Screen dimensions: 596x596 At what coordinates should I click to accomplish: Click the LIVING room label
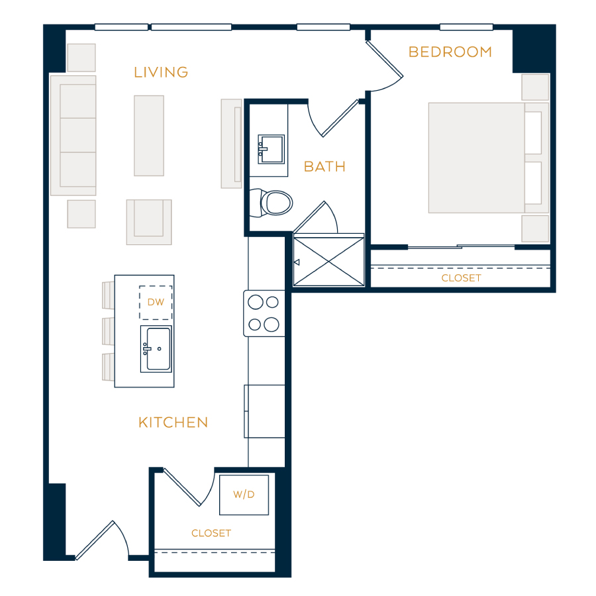tap(161, 72)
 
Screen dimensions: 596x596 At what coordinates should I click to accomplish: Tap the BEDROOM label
tap(450, 52)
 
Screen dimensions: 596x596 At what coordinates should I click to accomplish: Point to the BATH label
tap(324, 166)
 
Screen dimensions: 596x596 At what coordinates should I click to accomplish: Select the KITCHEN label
tap(174, 422)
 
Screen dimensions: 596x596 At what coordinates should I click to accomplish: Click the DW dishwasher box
tap(156, 303)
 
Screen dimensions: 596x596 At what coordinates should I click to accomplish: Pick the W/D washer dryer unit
tap(244, 495)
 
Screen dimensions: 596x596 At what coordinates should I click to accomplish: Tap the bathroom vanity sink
tap(271, 149)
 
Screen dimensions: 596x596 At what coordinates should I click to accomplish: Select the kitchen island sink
tap(156, 348)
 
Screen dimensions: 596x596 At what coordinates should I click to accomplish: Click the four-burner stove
tap(264, 314)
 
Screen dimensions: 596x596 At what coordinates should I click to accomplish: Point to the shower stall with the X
tap(328, 261)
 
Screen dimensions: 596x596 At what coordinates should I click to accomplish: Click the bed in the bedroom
tap(489, 158)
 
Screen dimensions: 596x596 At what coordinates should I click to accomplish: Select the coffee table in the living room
tap(149, 136)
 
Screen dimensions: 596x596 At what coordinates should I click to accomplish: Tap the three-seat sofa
tap(74, 136)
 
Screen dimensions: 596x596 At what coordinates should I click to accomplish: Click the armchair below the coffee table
tap(149, 222)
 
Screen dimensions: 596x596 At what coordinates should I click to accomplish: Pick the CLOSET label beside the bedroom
tap(461, 278)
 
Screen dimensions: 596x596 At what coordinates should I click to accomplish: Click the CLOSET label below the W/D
tap(211, 533)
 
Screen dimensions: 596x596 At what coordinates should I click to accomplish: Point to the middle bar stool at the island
tap(109, 332)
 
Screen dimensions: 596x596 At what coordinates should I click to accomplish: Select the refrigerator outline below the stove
tap(264, 411)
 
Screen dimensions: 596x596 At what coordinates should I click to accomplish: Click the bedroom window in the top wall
tap(466, 27)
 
